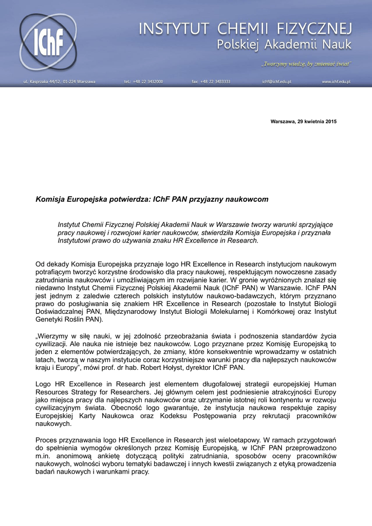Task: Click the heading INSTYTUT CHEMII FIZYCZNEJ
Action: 245,29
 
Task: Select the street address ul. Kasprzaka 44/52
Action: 59,82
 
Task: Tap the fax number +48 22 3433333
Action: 211,82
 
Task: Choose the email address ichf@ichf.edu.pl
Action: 276,82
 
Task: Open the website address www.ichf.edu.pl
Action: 336,82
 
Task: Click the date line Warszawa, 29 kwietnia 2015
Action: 304,121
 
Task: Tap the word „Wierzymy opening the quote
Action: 53,335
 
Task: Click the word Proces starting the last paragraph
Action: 47,440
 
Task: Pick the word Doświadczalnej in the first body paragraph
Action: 60,311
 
